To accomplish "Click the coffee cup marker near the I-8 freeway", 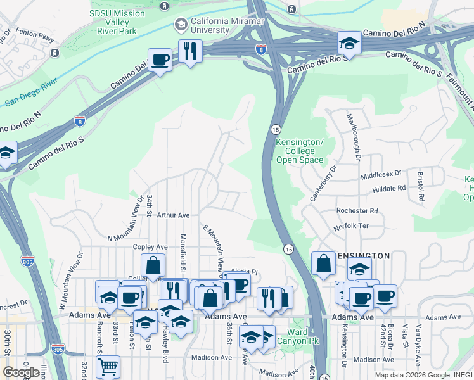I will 160,60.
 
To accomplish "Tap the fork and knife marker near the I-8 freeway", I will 190,51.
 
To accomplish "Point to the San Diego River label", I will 31,92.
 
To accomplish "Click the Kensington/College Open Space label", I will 300,151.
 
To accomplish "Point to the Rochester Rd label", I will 357,211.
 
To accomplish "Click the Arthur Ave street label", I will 173,216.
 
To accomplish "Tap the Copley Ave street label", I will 150,247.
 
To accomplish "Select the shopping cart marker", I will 108,367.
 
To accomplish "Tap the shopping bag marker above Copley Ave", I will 153,265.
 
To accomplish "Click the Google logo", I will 21,372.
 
